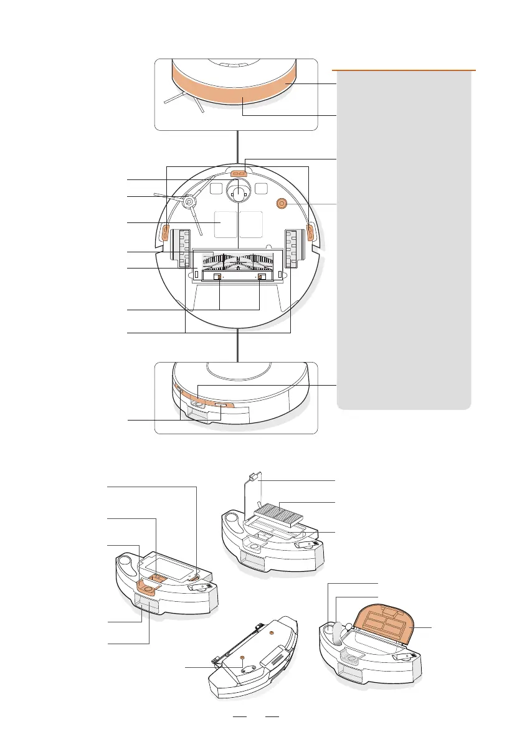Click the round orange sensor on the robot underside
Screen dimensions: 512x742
point(280,203)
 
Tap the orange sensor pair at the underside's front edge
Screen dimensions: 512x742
point(237,175)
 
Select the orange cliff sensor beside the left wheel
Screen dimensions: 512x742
point(166,233)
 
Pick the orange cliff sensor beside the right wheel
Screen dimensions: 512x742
point(309,232)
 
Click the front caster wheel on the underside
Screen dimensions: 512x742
point(237,194)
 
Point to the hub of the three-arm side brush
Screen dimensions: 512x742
point(188,201)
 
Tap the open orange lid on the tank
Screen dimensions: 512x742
point(389,625)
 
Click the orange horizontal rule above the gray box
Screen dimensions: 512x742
point(404,70)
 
